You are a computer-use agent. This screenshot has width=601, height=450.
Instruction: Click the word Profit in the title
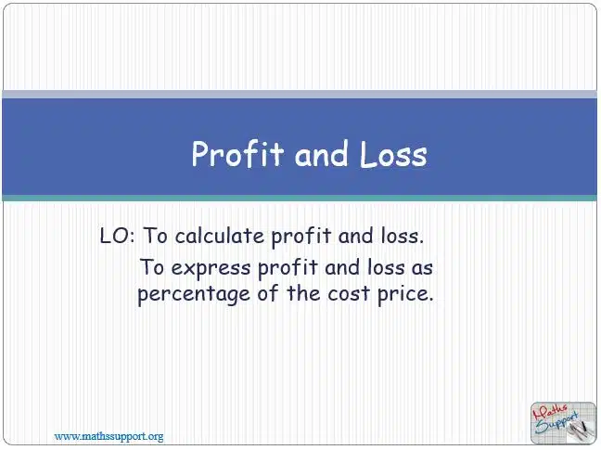(x=237, y=154)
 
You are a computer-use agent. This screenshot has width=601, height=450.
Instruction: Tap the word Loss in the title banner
(x=393, y=154)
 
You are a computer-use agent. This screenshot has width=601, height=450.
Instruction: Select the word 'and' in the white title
(x=322, y=154)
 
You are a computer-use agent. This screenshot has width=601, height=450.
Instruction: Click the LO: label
(x=117, y=236)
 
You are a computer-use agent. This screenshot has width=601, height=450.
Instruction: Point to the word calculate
(x=220, y=236)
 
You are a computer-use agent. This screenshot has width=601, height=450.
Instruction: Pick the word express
(x=211, y=268)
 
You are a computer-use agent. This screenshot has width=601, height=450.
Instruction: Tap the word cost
(x=349, y=294)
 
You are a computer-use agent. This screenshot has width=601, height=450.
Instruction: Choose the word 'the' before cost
(x=303, y=293)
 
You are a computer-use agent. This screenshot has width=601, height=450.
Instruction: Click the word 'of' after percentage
(x=268, y=293)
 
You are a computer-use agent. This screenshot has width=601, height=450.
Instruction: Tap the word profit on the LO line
(x=300, y=237)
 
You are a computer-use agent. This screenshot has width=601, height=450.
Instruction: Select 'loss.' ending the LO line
(x=403, y=236)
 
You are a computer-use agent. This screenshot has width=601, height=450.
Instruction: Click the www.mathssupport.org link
(x=109, y=436)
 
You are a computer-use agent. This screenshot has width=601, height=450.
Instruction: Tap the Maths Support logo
(x=563, y=423)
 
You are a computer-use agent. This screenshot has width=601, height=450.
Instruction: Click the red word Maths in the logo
(x=551, y=413)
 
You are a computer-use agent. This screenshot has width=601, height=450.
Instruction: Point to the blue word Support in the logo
(x=556, y=422)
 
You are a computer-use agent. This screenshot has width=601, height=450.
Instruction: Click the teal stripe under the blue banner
(x=300, y=199)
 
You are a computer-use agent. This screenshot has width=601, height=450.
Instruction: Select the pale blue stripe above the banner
(x=300, y=95)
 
